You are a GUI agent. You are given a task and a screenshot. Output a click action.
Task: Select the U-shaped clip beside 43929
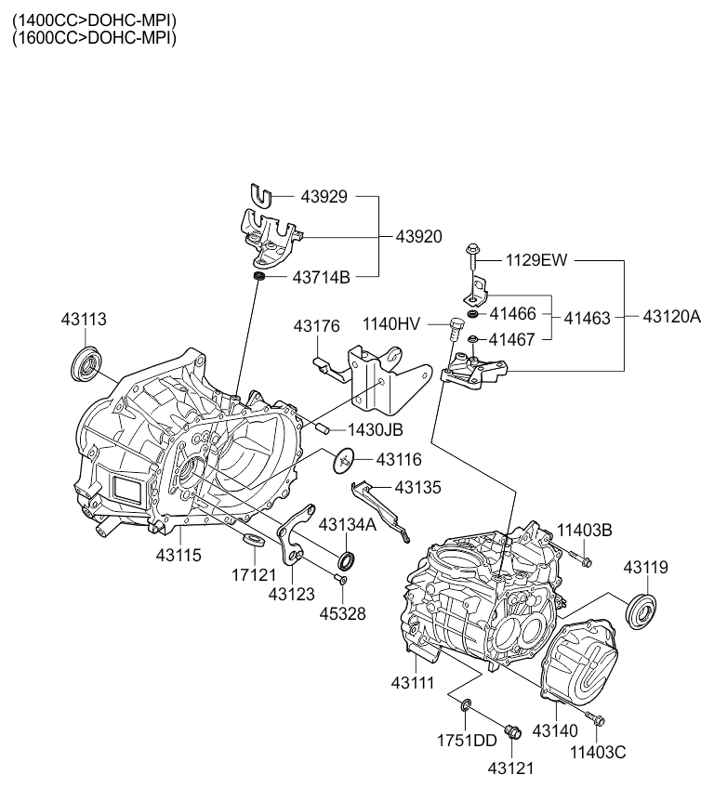tap(262, 196)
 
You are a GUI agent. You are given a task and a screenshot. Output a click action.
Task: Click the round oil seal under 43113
tap(86, 362)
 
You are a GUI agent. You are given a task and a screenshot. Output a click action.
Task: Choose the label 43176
tap(316, 326)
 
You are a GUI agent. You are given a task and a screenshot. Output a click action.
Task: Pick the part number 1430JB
tap(376, 430)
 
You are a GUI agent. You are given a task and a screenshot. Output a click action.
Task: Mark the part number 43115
tap(178, 555)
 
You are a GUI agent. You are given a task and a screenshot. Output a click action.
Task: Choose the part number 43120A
tap(671, 316)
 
